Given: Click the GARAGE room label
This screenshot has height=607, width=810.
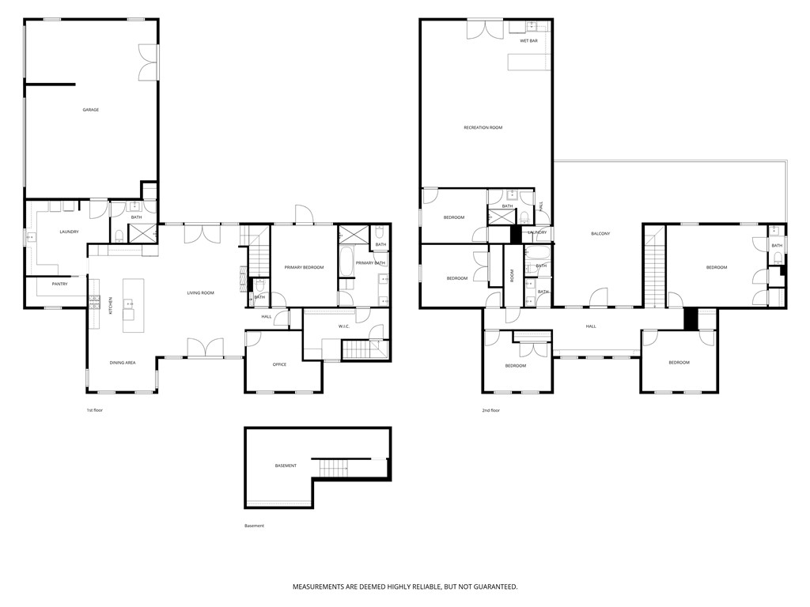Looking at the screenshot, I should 91,110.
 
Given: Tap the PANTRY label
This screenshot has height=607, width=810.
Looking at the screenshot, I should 59,284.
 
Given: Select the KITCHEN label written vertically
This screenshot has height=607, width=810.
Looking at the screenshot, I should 111,304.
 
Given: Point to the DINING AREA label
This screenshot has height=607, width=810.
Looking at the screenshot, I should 123,363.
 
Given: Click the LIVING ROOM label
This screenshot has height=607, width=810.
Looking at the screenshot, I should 201,293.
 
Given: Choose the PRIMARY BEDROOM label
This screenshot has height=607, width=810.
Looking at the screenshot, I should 304,268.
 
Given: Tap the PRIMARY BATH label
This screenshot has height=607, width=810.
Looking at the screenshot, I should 369,263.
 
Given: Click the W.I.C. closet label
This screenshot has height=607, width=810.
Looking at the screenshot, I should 344,326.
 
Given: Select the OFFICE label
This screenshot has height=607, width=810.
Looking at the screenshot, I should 279,364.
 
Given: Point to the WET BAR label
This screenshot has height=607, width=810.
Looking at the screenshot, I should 528,40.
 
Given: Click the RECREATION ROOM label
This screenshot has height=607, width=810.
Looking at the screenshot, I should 483,127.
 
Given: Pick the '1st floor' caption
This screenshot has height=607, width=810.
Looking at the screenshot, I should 95,410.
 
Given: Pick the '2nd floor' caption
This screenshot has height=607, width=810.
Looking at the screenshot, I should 490,410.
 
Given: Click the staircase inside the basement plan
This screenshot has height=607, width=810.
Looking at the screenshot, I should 334,469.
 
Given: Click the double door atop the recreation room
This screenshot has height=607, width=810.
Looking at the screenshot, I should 483,28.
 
